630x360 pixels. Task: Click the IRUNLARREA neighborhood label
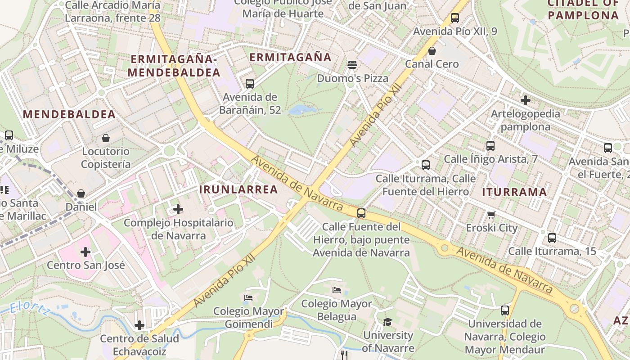click(x=238, y=189)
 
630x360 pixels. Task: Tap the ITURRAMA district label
click(x=514, y=192)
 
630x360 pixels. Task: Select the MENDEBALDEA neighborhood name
click(x=69, y=114)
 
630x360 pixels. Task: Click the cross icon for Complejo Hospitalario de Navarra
click(x=178, y=209)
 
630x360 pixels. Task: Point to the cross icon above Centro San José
click(x=85, y=252)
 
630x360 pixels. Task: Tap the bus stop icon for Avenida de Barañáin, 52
click(x=250, y=84)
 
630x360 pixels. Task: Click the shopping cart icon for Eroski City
click(x=491, y=215)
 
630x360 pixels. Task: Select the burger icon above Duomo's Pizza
click(x=352, y=65)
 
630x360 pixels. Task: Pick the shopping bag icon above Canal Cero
click(x=432, y=51)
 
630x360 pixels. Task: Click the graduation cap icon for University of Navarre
click(x=387, y=322)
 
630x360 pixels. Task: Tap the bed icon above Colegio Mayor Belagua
click(x=337, y=290)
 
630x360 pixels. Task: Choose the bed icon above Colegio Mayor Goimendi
click(x=248, y=298)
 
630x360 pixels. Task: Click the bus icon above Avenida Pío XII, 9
click(x=455, y=18)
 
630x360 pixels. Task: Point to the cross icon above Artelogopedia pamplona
click(x=525, y=100)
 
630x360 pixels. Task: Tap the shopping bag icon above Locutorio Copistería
click(x=106, y=138)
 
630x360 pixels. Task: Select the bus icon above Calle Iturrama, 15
click(x=552, y=238)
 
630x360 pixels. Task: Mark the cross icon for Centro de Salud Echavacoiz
click(x=139, y=325)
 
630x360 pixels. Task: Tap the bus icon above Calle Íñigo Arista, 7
click(x=490, y=146)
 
